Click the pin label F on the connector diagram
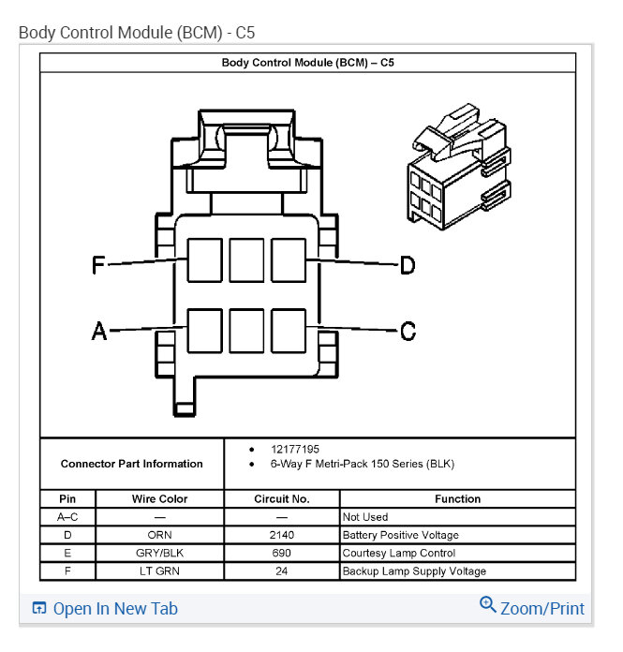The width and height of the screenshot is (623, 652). pyautogui.click(x=98, y=266)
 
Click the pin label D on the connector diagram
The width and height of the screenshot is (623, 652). pyautogui.click(x=408, y=266)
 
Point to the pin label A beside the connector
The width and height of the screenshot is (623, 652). pyautogui.click(x=98, y=331)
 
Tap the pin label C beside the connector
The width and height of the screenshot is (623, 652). pyautogui.click(x=408, y=331)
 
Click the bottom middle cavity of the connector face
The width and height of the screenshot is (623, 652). pyautogui.click(x=246, y=330)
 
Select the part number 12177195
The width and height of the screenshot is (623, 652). pyautogui.click(x=293, y=450)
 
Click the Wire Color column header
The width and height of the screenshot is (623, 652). pyautogui.click(x=160, y=499)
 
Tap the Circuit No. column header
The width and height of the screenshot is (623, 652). pyautogui.click(x=281, y=499)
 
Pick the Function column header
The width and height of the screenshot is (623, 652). pyautogui.click(x=457, y=499)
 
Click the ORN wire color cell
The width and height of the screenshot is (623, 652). pyautogui.click(x=160, y=535)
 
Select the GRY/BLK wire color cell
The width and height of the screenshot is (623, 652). pyautogui.click(x=160, y=553)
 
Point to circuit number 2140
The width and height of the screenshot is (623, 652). pyautogui.click(x=281, y=535)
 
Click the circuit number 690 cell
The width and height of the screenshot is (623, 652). pyautogui.click(x=281, y=553)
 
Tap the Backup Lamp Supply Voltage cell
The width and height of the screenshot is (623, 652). pyautogui.click(x=414, y=570)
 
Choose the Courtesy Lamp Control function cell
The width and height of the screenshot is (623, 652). pyautogui.click(x=399, y=553)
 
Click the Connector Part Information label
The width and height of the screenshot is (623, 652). pyautogui.click(x=131, y=464)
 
